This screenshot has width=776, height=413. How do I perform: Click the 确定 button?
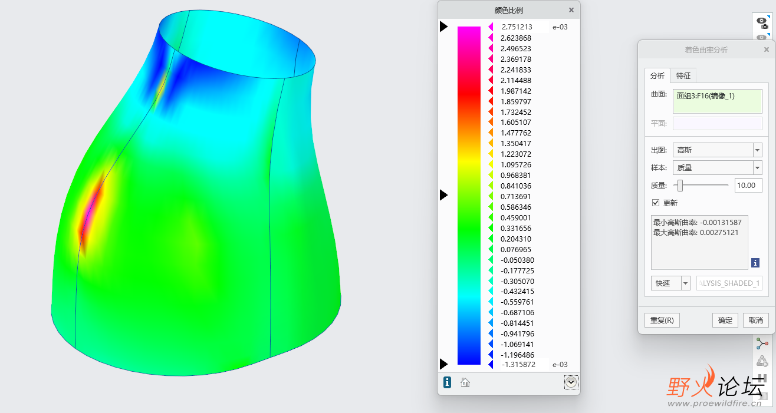[x=725, y=321]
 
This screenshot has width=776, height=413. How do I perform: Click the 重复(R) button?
[x=662, y=321]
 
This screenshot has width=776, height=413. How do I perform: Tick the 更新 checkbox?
[x=656, y=203]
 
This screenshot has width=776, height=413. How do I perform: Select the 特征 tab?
[x=683, y=76]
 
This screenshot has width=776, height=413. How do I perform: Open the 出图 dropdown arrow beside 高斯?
[x=757, y=150]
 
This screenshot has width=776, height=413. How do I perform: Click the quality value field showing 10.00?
[x=748, y=185]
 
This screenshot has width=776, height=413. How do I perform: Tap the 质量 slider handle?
[x=680, y=186]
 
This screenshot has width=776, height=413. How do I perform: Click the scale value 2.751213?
[x=517, y=27]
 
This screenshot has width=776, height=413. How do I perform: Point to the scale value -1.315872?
[x=518, y=365]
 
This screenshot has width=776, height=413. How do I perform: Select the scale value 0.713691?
[x=515, y=197]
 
